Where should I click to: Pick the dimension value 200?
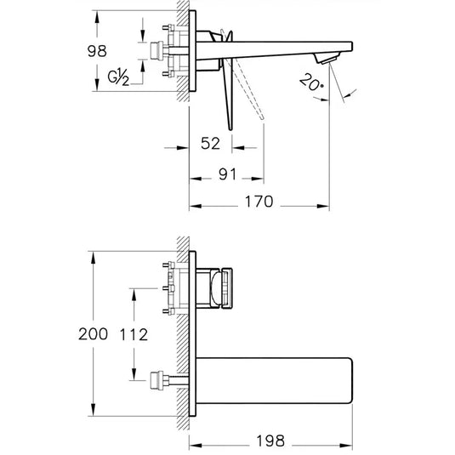point(94,333)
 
